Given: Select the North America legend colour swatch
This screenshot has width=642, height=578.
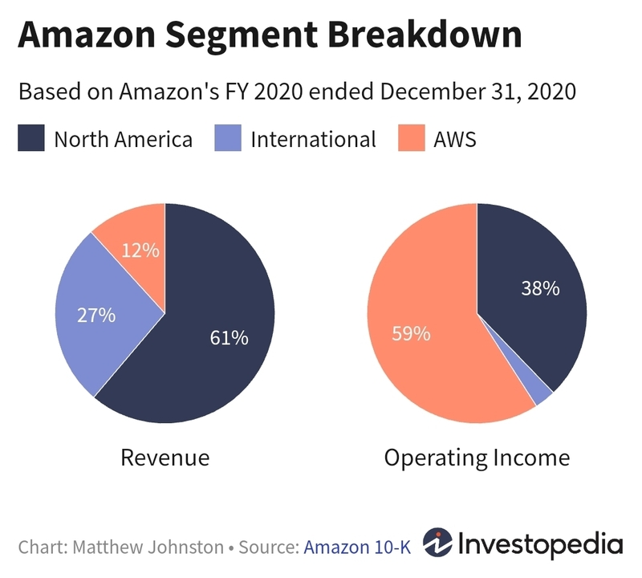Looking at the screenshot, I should tap(30, 139).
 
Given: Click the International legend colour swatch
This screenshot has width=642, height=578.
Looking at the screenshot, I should tap(227, 139).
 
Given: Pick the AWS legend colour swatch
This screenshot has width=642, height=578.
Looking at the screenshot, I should tap(411, 139).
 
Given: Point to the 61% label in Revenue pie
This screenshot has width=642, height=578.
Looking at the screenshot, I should tap(229, 338).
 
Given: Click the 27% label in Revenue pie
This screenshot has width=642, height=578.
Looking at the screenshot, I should tap(96, 315).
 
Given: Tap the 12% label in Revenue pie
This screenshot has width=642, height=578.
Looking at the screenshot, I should tap(140, 250).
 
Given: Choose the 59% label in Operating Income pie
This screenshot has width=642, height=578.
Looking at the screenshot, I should tap(411, 332).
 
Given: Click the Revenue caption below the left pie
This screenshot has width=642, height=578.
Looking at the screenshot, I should tap(165, 458).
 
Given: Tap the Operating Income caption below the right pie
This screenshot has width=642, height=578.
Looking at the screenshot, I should tap(477, 458).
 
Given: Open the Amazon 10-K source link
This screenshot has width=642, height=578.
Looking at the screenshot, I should tap(357, 547).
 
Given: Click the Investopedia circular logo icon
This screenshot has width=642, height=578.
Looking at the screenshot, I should tap(438, 544).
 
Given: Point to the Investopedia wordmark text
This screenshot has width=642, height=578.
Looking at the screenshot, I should tap(541, 544).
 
